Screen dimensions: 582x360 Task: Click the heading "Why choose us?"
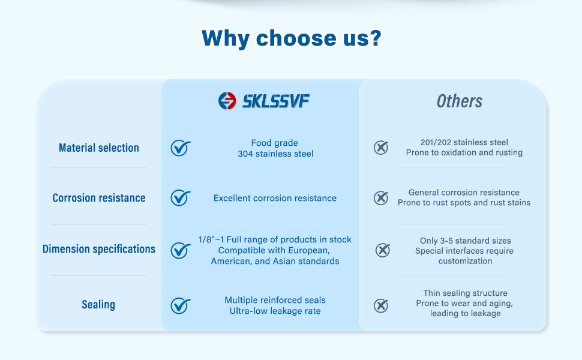pyautogui.click(x=292, y=38)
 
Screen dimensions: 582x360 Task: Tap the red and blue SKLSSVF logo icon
pyautogui.click(x=227, y=101)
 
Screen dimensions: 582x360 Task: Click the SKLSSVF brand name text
pyautogui.click(x=276, y=101)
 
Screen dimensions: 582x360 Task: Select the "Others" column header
pyautogui.click(x=460, y=101)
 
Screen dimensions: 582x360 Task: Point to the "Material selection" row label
pyautogui.click(x=99, y=148)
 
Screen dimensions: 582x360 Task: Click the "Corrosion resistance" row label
pyautogui.click(x=99, y=198)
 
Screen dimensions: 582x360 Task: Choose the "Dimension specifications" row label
pyautogui.click(x=99, y=249)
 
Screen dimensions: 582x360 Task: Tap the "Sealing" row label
pyautogui.click(x=98, y=305)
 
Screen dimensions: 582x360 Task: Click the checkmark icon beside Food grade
pyautogui.click(x=181, y=148)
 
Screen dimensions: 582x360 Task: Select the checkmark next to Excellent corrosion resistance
pyautogui.click(x=181, y=198)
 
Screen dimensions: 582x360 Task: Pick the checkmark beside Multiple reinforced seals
pyautogui.click(x=181, y=306)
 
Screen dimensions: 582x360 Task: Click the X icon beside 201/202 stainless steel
pyautogui.click(x=381, y=148)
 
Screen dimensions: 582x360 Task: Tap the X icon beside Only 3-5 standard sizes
pyautogui.click(x=383, y=250)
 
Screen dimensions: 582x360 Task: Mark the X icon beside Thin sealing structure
pyautogui.click(x=381, y=306)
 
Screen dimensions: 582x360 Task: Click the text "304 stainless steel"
pyautogui.click(x=275, y=154)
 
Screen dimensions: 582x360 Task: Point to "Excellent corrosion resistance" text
pyautogui.click(x=275, y=198)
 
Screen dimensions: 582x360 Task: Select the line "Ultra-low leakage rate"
pyautogui.click(x=275, y=311)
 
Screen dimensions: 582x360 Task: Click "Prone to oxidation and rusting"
pyautogui.click(x=464, y=152)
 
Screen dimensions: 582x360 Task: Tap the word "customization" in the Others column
pyautogui.click(x=465, y=261)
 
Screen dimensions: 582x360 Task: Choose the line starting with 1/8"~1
pyautogui.click(x=275, y=240)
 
